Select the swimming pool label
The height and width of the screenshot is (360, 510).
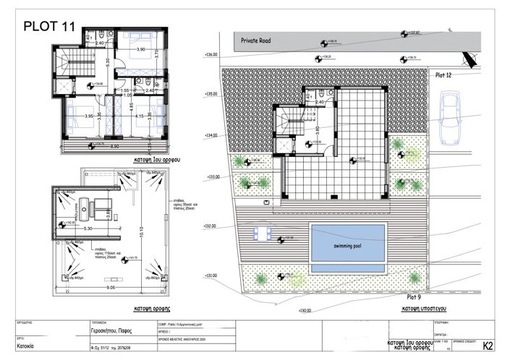click(x=348, y=246)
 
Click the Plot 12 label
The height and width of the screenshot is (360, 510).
click(x=443, y=74)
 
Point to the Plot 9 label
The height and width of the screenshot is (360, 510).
click(x=413, y=296)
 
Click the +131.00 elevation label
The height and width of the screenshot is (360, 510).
click(x=211, y=275)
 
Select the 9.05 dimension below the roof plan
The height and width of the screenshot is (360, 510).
click(x=107, y=287)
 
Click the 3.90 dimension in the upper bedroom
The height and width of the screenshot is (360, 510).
click(x=142, y=49)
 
